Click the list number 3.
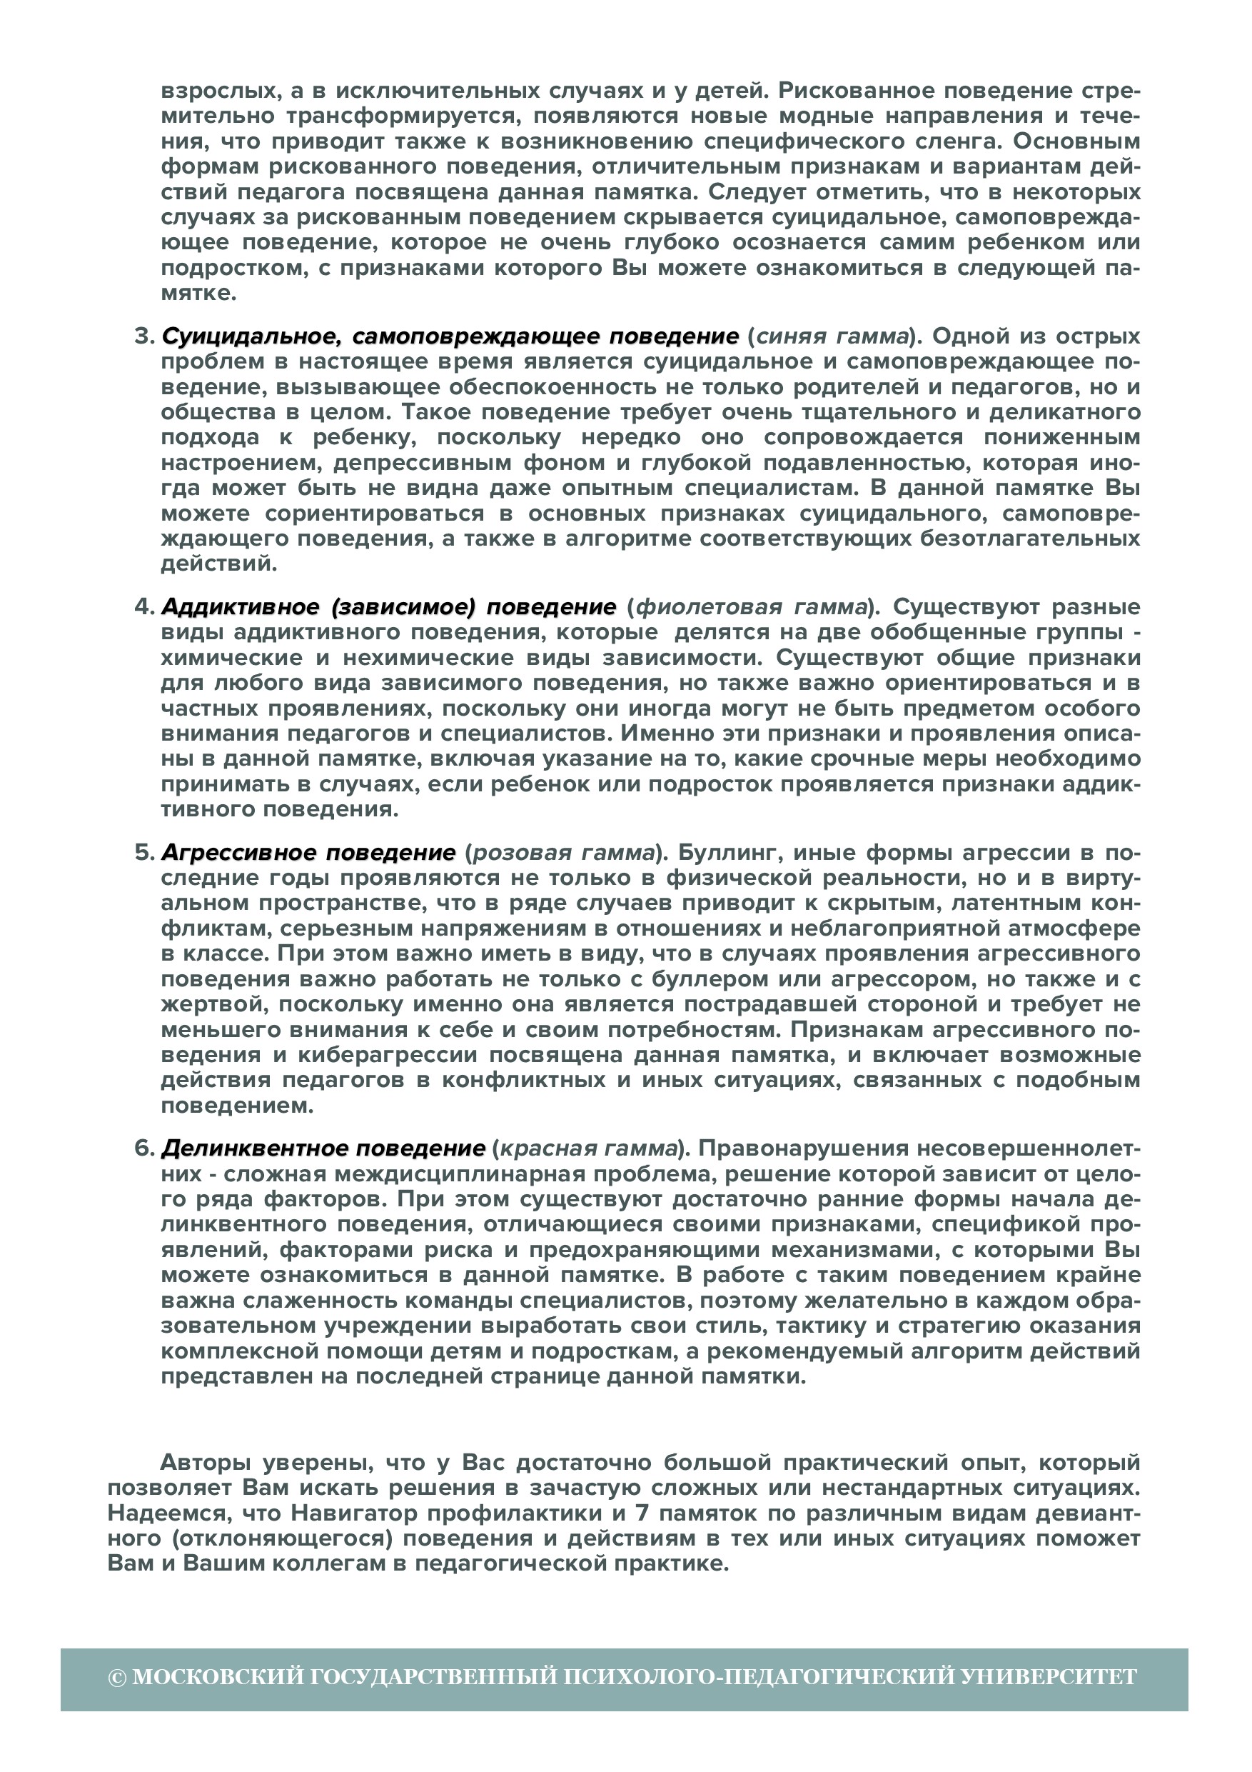(143, 336)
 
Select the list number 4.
(144, 606)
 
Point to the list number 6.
(144, 1148)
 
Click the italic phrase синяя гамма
(832, 336)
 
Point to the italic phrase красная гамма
(589, 1148)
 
